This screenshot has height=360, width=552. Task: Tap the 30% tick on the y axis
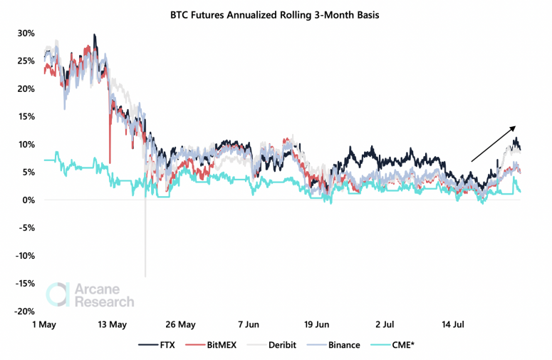tap(26, 33)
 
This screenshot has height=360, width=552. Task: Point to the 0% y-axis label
tap(28, 200)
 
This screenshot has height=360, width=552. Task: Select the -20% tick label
tap(24, 312)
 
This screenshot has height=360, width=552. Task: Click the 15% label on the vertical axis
tap(26, 116)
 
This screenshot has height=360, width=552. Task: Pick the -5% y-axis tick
tap(27, 228)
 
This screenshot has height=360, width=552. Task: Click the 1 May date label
tap(45, 325)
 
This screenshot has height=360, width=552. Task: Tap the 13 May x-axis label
tap(113, 325)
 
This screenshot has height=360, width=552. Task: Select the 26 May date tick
tap(182, 325)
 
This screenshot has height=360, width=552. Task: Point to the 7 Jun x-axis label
tap(249, 325)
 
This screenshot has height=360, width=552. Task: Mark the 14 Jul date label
tap(453, 325)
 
